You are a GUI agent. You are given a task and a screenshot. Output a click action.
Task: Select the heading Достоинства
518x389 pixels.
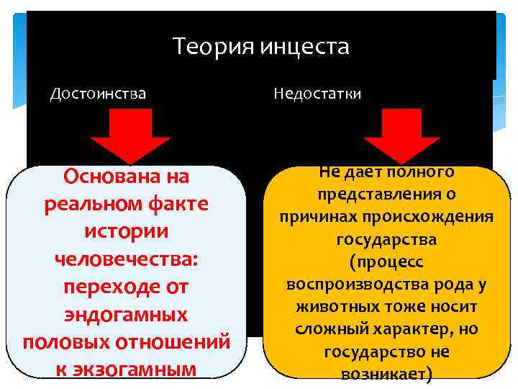tap(98, 94)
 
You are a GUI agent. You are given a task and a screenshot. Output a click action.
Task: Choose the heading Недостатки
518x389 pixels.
tap(317, 94)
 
